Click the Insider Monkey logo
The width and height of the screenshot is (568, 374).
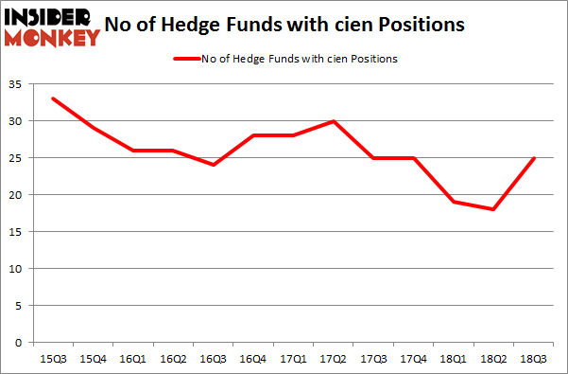click(x=52, y=27)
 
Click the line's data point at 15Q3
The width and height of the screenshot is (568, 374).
click(x=52, y=98)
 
